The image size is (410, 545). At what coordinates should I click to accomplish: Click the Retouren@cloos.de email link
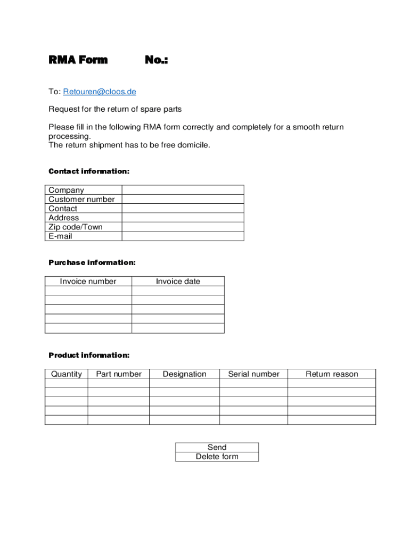(100, 92)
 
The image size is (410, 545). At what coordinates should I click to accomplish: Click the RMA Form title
(78, 60)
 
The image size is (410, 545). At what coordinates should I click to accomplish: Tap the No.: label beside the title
(156, 60)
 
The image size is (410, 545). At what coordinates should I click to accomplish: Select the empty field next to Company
(183, 190)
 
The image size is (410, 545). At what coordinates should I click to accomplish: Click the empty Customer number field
(183, 199)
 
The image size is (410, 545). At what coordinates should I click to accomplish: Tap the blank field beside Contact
(183, 209)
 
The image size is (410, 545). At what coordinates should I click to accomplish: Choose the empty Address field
(183, 218)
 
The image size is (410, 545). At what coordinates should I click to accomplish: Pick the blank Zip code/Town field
(183, 227)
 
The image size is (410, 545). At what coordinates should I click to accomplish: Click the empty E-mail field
(183, 236)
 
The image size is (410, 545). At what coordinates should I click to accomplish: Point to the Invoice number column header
(88, 282)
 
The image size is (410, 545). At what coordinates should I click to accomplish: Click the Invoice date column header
(178, 282)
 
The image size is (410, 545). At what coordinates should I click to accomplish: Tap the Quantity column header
(67, 374)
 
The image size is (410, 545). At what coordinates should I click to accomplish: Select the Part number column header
(119, 374)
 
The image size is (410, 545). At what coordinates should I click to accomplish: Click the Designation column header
(184, 374)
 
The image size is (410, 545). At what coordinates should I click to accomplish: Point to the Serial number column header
(253, 374)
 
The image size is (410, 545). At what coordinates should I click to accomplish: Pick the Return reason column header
(332, 374)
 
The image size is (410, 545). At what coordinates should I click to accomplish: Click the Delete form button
(217, 457)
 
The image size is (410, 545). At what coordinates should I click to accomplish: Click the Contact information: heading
(89, 171)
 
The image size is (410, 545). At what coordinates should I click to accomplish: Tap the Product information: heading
(89, 355)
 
